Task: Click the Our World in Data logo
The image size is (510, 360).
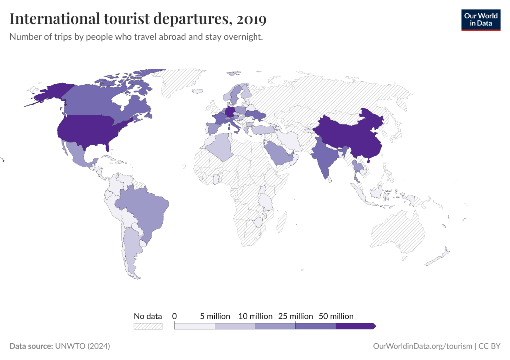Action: click(x=480, y=19)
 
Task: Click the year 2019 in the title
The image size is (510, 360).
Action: click(x=252, y=19)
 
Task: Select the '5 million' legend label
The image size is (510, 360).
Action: click(x=215, y=316)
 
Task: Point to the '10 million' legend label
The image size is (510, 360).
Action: click(x=255, y=316)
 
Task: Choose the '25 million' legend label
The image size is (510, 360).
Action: click(x=295, y=316)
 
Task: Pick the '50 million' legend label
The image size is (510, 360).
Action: click(x=336, y=316)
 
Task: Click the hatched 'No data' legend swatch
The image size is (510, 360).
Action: click(x=148, y=326)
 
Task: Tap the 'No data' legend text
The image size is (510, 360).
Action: click(x=148, y=316)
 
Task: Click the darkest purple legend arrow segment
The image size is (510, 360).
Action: click(x=355, y=326)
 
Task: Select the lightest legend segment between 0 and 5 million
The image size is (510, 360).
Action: click(x=195, y=326)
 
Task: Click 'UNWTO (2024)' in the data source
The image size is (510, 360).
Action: click(x=82, y=346)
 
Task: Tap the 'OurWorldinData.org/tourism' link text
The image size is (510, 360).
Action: click(x=422, y=346)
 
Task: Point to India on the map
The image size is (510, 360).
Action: click(x=324, y=154)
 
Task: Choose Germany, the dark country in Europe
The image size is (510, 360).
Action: click(x=230, y=112)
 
